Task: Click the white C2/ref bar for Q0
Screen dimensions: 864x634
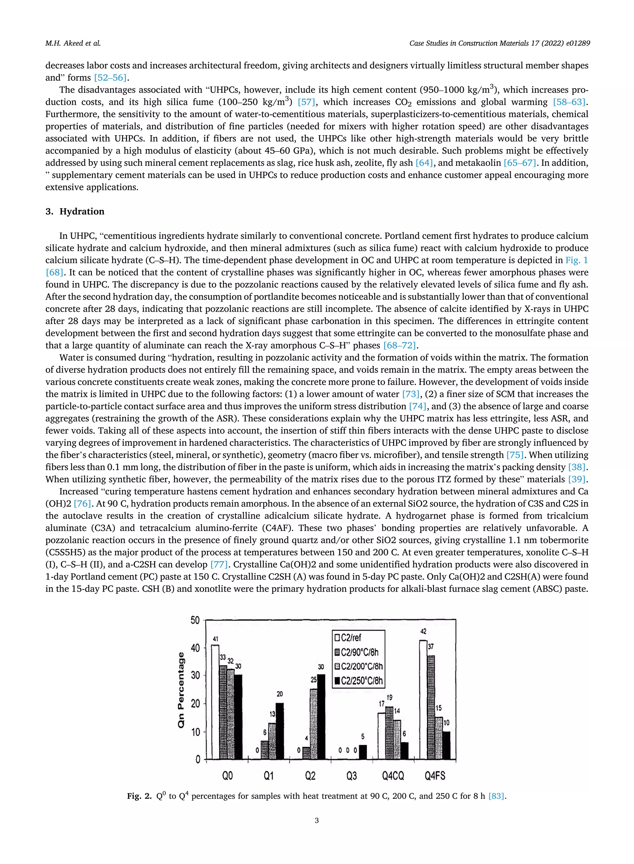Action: tap(215, 701)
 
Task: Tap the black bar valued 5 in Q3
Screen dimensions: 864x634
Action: tap(363, 752)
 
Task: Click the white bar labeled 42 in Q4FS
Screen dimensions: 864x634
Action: tap(423, 699)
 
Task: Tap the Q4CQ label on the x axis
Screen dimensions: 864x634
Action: tap(393, 776)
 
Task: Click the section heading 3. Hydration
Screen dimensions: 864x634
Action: tap(75, 212)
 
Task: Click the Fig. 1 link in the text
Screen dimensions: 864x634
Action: tap(576, 260)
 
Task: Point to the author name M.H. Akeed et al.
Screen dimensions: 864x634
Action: tap(73, 43)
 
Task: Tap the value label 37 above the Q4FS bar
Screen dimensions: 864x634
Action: tap(431, 647)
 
